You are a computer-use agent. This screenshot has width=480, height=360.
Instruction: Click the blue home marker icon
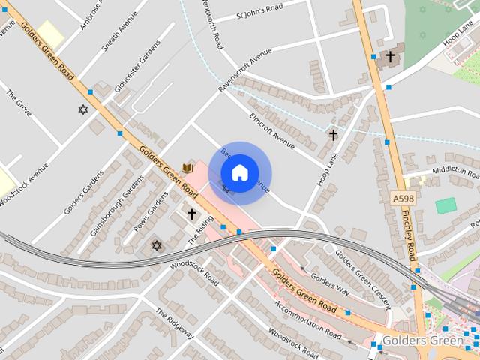240,172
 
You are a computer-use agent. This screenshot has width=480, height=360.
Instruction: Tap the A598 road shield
403,199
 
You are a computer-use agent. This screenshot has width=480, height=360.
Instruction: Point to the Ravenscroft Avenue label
244,72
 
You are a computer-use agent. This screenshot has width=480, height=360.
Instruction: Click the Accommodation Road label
308,319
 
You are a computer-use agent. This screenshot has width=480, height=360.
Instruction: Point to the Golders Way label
330,285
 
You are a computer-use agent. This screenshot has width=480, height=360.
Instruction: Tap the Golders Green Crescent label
363,278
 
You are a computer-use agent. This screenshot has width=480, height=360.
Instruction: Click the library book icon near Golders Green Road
187,168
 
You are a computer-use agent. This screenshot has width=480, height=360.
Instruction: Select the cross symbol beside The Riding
191,214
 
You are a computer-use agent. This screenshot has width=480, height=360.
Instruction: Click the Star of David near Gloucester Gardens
83,109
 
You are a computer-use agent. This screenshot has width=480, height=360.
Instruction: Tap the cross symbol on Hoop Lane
333,136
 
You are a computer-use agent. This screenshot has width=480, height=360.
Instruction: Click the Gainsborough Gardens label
116,206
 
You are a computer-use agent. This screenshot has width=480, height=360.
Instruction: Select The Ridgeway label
175,323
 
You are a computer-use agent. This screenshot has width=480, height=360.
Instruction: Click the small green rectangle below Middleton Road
445,205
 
